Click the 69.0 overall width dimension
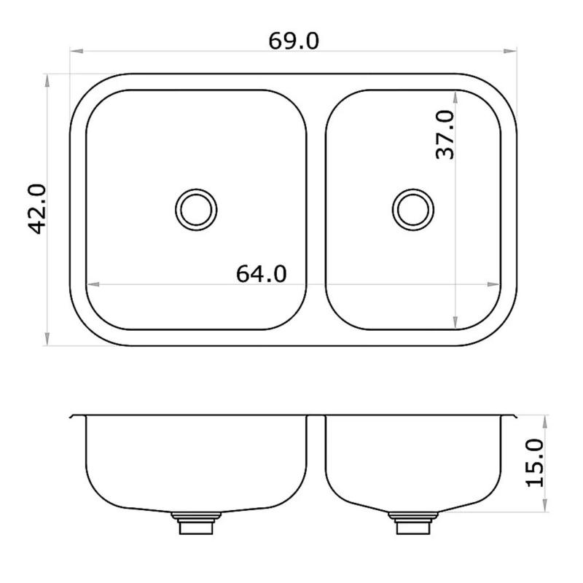293,41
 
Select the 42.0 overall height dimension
38,209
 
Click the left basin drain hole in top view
196,209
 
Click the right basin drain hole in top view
413,209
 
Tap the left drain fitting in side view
195,523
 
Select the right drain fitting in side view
412,523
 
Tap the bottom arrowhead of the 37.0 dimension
456,323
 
